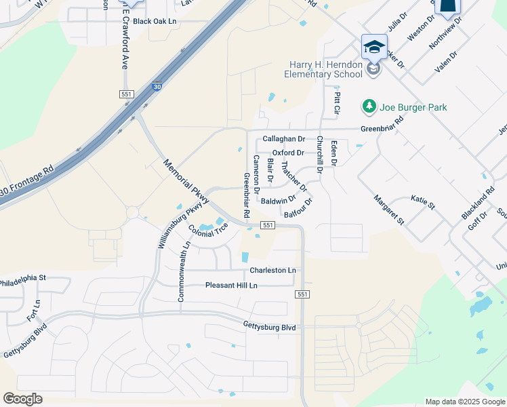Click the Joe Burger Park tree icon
(369, 106)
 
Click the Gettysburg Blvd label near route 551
(270, 327)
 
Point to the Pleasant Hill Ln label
(231, 286)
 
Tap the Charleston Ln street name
(272, 270)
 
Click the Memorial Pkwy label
(186, 180)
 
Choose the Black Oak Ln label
(154, 21)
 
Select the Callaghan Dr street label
(283, 139)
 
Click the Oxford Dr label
(287, 153)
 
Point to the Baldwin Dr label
(278, 200)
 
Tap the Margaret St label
(389, 210)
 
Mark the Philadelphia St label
(22, 278)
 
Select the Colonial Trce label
(208, 231)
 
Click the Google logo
(22, 399)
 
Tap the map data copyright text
(465, 402)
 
